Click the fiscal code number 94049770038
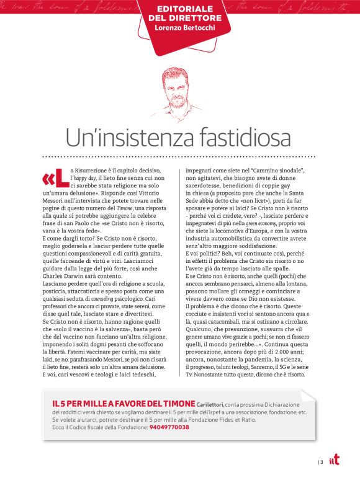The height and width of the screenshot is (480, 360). coord(169,427)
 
